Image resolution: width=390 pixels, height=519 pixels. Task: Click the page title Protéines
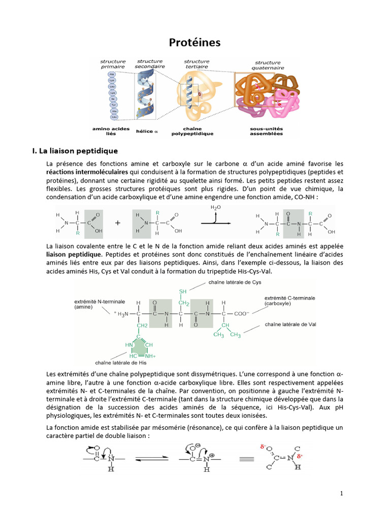coord(194,43)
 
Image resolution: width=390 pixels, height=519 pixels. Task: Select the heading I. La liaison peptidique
coord(75,151)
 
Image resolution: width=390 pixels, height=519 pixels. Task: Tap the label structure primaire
coord(113,64)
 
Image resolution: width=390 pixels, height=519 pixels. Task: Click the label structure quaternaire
coord(268,65)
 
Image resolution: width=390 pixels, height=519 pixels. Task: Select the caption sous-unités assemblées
coord(267,131)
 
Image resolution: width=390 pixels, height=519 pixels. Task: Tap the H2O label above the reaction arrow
coord(216,208)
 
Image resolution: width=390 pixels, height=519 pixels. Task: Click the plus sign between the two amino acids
coord(118,222)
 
